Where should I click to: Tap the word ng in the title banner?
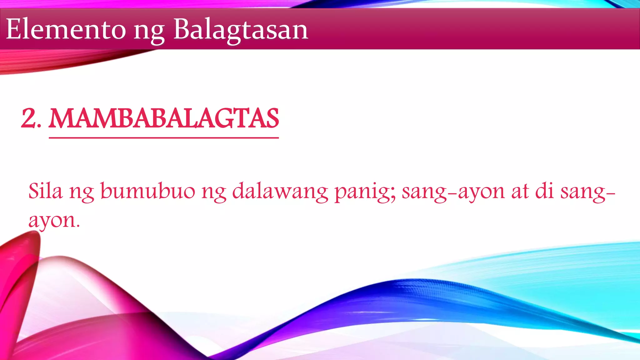click(149, 31)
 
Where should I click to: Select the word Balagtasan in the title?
click(241, 30)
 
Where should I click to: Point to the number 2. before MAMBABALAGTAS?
click(31, 118)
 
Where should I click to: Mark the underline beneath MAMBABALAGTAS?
click(163, 137)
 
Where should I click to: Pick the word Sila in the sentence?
click(45, 191)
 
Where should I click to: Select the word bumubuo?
click(147, 191)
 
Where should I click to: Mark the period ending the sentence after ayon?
click(78, 227)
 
